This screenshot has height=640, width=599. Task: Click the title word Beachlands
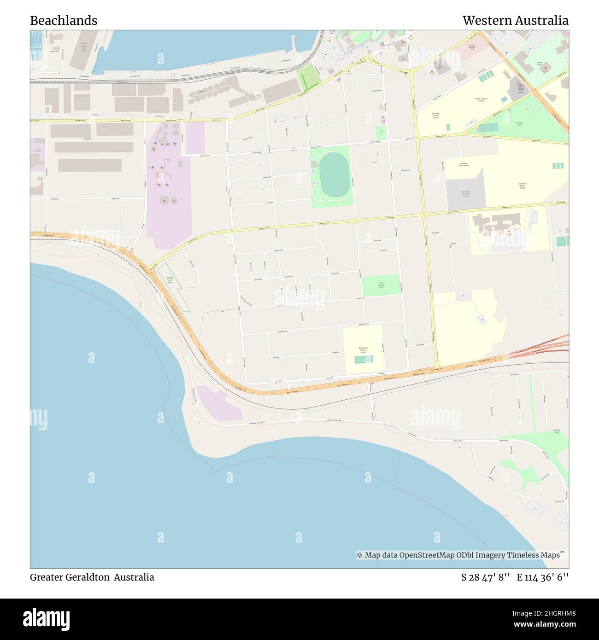[x=64, y=21]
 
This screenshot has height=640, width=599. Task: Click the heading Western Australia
[x=515, y=21]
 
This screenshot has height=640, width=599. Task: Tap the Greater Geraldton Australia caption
[x=92, y=577]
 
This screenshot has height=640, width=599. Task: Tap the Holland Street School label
[x=463, y=164]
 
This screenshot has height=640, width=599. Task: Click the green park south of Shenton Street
[x=381, y=285]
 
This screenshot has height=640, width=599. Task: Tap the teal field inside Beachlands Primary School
[x=364, y=360]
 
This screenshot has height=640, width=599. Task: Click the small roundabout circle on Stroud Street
[x=280, y=278]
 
